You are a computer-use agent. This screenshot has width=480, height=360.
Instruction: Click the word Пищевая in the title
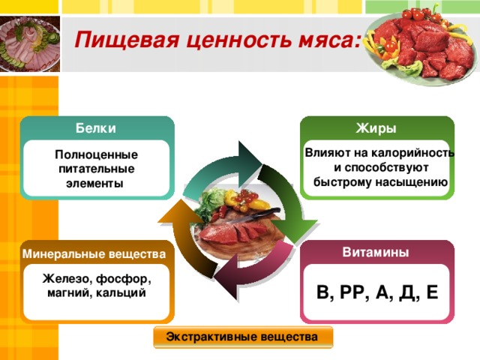pyautogui.click(x=127, y=40)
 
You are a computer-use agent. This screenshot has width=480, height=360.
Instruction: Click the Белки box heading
pyautogui.click(x=96, y=128)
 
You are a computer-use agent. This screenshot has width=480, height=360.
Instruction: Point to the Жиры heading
pyautogui.click(x=376, y=128)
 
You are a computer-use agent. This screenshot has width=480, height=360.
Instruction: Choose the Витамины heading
pyautogui.click(x=376, y=252)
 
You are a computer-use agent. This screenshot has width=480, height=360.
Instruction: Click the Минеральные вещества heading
pyautogui.click(x=94, y=254)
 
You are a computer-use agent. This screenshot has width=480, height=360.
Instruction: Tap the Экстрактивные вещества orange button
pyautogui.click(x=243, y=337)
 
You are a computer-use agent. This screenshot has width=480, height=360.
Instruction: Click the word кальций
pyautogui.click(x=121, y=293)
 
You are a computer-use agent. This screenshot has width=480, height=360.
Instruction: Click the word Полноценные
pyautogui.click(x=97, y=154)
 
